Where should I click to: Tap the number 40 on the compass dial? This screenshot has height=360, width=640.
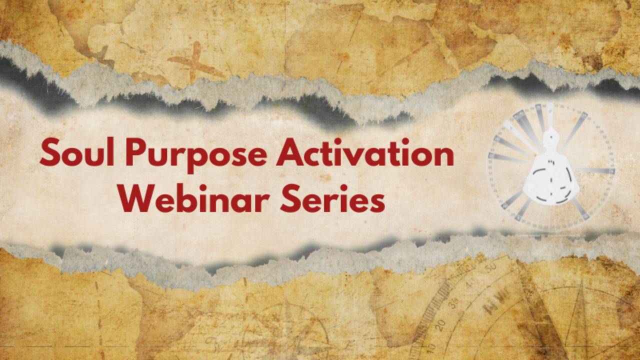pos(470,284)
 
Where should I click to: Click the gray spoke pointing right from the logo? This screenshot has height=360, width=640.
pos(595,170)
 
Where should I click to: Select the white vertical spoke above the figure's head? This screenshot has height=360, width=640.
pos(550,112)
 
